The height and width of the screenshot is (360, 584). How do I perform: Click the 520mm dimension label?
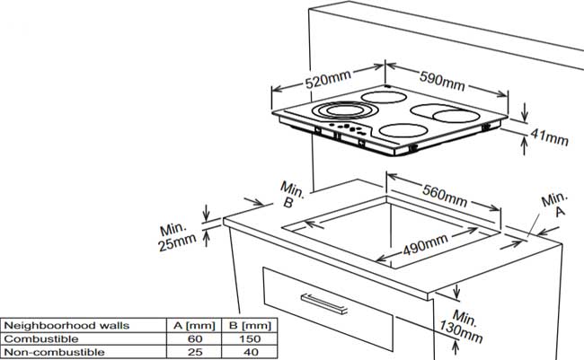coord(328,80)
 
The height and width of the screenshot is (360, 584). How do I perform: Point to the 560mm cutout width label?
coord(445,192)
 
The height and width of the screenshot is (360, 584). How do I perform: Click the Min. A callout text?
coord(555,205)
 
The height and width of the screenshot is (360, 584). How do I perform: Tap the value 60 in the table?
coord(194,338)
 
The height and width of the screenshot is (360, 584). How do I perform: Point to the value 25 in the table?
coord(194,352)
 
